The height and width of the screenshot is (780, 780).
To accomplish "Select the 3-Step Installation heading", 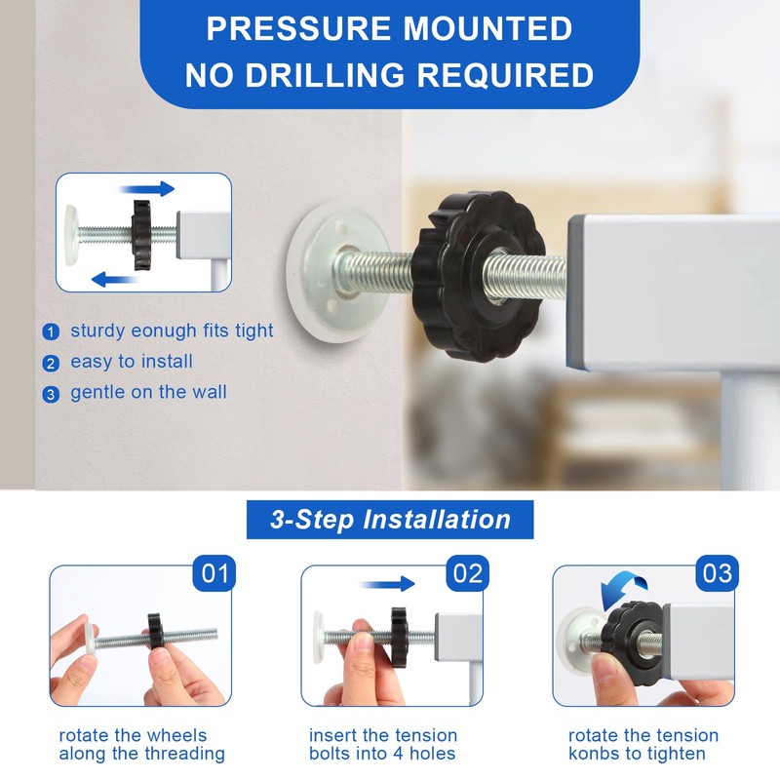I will [390, 520].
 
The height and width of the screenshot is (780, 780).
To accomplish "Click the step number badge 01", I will [215, 574].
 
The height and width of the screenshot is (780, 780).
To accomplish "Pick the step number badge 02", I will [467, 574].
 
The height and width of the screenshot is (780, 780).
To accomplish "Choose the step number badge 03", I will [718, 574].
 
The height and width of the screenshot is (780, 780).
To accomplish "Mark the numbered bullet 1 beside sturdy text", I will [51, 332].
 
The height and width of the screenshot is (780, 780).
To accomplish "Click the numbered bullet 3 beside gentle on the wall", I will [51, 394].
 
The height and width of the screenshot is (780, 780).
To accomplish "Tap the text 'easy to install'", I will [131, 362].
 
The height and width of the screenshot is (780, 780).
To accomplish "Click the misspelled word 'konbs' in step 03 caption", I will [596, 754].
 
